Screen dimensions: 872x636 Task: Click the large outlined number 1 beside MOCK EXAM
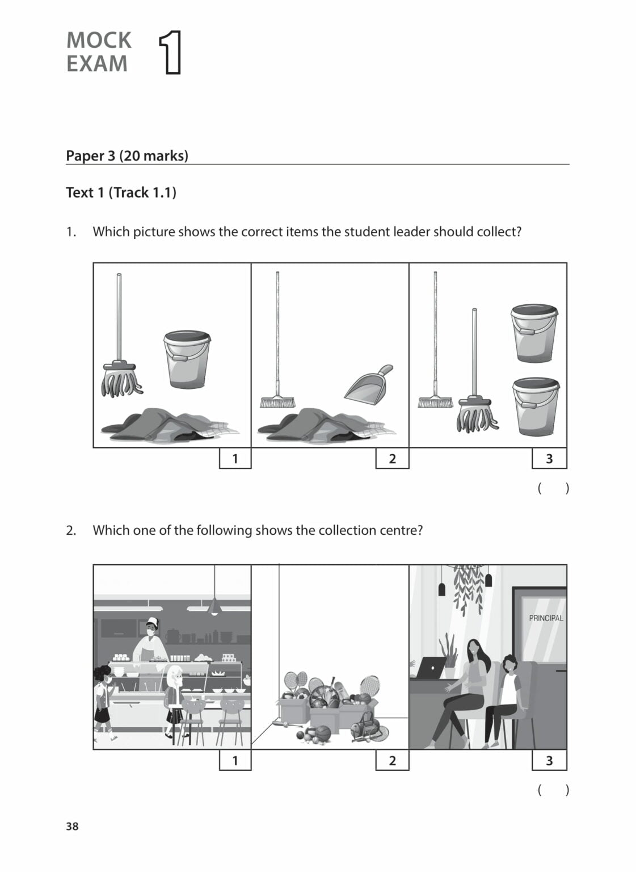[170, 53]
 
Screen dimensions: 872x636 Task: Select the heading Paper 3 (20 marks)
[127, 156]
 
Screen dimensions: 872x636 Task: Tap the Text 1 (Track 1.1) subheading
[121, 192]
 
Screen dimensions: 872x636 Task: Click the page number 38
[72, 826]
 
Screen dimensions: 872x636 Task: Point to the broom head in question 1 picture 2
[277, 402]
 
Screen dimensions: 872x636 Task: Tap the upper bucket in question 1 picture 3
[534, 333]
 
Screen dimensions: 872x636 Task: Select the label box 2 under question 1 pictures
[392, 459]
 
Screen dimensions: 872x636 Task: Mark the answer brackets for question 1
[553, 488]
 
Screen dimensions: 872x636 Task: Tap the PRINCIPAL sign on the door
[545, 618]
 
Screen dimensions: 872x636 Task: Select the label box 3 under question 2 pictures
[549, 761]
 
